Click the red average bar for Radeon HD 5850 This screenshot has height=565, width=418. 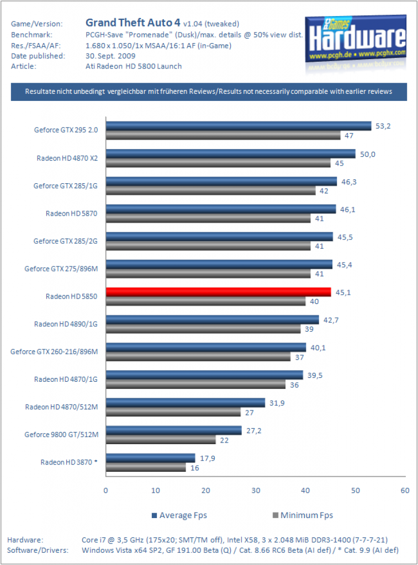pos(219,292)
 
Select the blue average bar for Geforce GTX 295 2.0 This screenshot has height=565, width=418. pos(239,126)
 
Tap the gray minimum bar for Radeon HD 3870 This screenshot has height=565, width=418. pos(146,467)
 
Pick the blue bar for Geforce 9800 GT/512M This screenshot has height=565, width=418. pos(174,430)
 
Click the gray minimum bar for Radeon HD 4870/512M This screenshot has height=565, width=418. pos(173,412)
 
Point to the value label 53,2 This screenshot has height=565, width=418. pos(383,126)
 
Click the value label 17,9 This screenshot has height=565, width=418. pos(208,459)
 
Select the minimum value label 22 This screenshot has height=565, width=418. pos(224,440)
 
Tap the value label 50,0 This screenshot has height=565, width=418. pos(368,154)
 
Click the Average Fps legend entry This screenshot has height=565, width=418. pos(179,515)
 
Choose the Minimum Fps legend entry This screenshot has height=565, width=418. pos(303,515)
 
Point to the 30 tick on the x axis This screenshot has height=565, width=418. pos(256,491)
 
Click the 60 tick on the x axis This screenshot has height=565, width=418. pos(405,491)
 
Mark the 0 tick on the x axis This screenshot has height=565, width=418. pos(105,491)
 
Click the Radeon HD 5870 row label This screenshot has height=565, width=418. pos(71,214)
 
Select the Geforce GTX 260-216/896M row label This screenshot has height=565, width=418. pos(54,351)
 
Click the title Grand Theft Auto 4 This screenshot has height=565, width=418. pos(133,23)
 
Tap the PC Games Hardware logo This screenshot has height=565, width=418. pos(356,40)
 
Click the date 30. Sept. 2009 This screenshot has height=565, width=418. pos(110,56)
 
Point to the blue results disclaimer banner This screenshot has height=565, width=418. pos(209,92)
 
